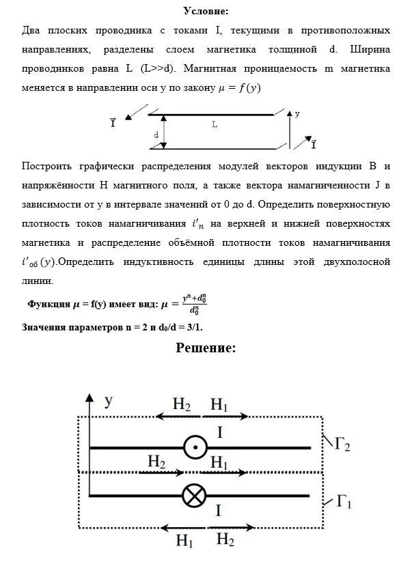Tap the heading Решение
click(x=206, y=348)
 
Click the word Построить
click(x=46, y=166)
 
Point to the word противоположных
click(x=346, y=31)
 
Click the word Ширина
click(x=369, y=50)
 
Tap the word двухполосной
click(x=350, y=261)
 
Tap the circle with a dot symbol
click(x=195, y=448)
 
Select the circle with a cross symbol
click(x=195, y=495)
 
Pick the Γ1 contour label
click(x=344, y=505)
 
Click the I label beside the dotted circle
click(x=219, y=432)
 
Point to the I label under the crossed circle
click(x=217, y=511)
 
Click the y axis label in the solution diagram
click(x=108, y=401)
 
